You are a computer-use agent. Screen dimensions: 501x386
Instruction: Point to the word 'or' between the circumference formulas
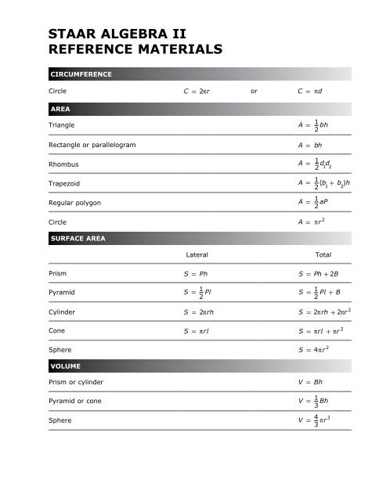[253, 91]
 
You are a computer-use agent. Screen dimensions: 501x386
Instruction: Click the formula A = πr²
[315, 222]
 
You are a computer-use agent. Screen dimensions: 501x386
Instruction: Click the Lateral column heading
[197, 254]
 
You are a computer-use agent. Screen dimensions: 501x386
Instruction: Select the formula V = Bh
[312, 382]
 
